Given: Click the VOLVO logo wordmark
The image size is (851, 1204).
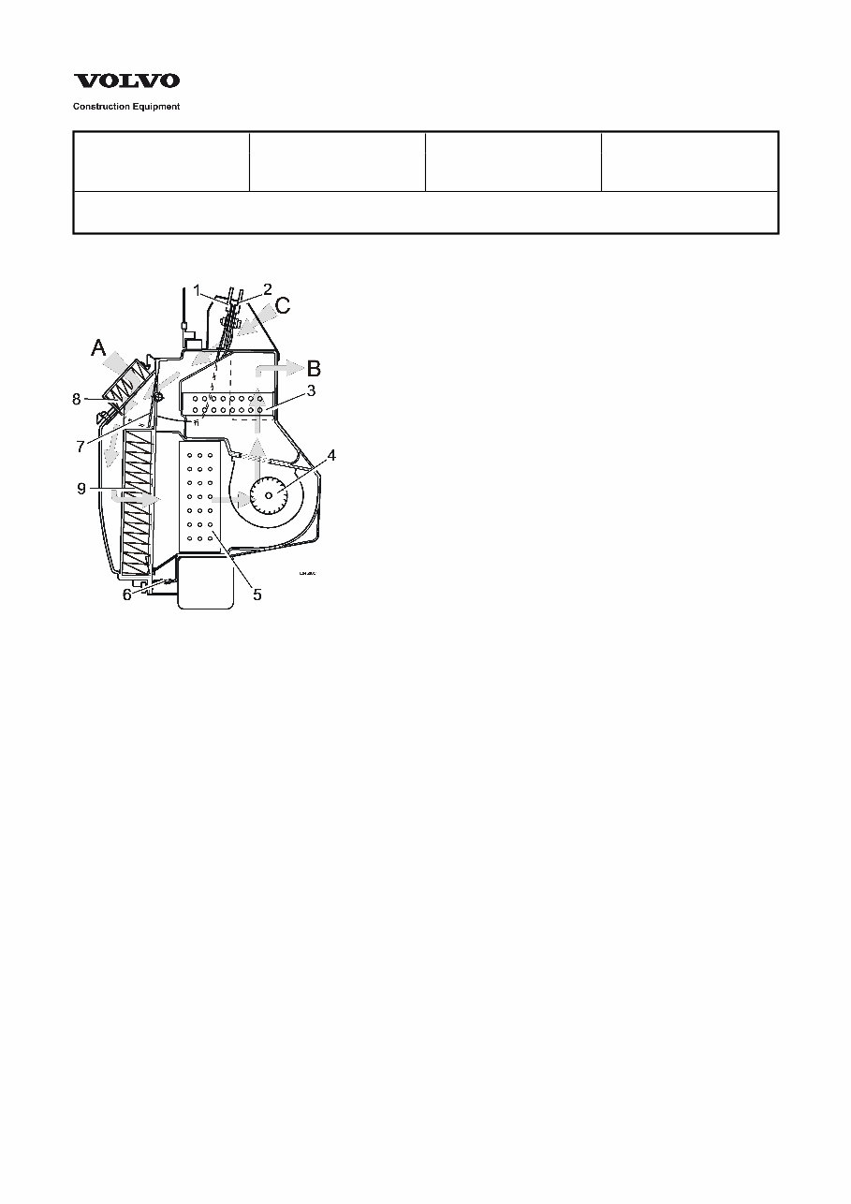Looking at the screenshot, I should pyautogui.click(x=126, y=82).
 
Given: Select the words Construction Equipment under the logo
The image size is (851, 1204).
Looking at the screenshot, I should pyautogui.click(x=126, y=107).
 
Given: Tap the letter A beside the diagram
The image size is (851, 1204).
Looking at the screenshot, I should pyautogui.click(x=99, y=348).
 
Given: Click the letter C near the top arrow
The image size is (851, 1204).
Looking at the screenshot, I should pyautogui.click(x=283, y=305).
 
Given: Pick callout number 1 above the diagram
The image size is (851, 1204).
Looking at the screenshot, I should pyautogui.click(x=198, y=289).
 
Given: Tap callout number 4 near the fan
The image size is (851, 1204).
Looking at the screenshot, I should pyautogui.click(x=330, y=456).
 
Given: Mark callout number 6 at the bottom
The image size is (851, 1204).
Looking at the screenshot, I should pyautogui.click(x=127, y=594).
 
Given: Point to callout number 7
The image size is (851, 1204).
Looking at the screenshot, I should pyautogui.click(x=81, y=447).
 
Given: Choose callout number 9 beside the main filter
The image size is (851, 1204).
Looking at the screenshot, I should pyautogui.click(x=81, y=488).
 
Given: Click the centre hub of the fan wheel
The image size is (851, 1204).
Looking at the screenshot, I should pyautogui.click(x=270, y=494).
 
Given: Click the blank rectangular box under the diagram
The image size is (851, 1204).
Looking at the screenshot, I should pyautogui.click(x=204, y=583).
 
